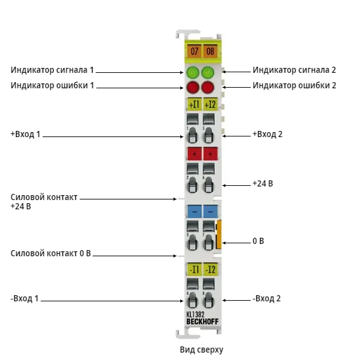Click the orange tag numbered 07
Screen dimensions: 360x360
tap(195, 51)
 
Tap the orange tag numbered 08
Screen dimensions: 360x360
tap(210, 51)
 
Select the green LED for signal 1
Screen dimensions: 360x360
tap(193, 72)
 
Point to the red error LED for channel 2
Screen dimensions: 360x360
tap(207, 87)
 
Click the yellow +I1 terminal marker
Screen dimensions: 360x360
tap(195, 104)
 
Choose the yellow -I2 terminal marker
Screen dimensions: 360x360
tap(211, 269)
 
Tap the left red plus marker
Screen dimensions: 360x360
tap(195, 154)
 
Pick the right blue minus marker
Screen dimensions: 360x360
tap(211, 211)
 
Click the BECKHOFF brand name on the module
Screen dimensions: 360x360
tap(203, 322)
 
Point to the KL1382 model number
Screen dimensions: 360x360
tap(195, 314)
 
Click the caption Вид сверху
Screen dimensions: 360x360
tap(201, 350)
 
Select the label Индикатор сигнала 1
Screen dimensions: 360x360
tap(52, 70)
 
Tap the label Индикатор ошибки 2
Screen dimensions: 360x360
tap(295, 85)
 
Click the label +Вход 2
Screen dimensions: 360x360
tap(267, 134)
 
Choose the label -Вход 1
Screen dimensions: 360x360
tap(25, 298)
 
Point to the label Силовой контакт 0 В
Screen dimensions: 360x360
tap(51, 253)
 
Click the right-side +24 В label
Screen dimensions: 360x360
tap(262, 183)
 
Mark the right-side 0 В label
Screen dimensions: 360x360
tap(258, 241)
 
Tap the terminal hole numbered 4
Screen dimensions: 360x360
tap(192, 300)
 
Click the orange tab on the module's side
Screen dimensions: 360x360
tap(219, 234)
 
